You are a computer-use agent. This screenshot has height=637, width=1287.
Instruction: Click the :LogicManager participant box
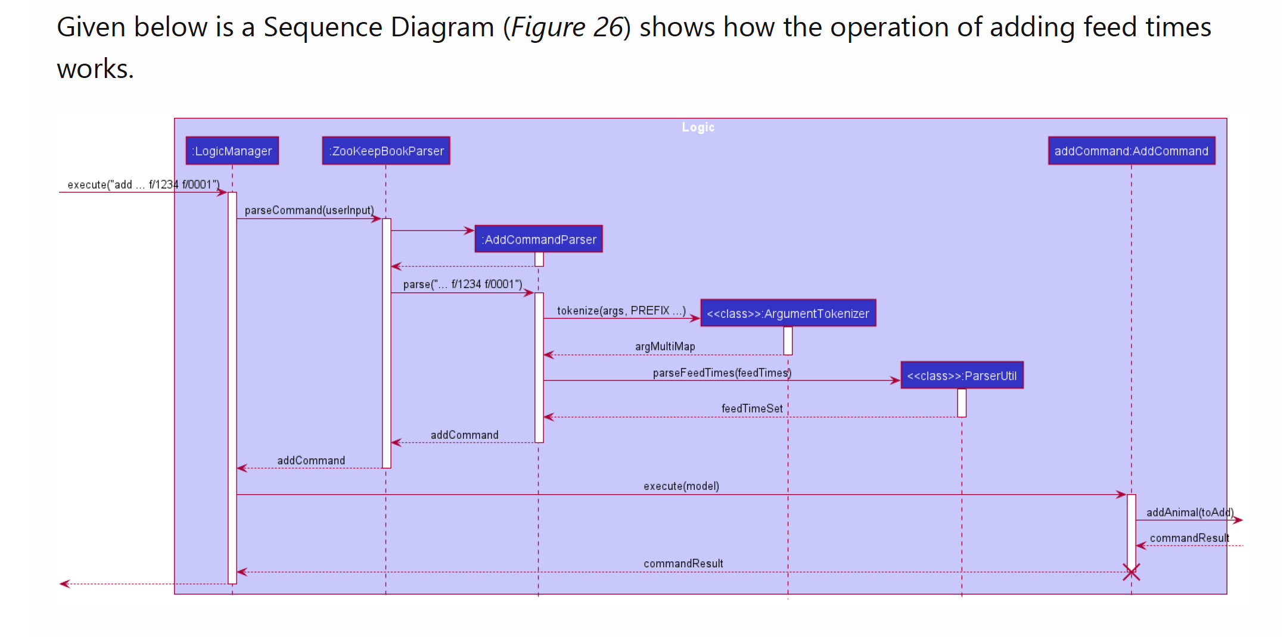click(232, 151)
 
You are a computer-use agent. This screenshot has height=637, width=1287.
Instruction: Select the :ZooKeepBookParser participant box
click(386, 151)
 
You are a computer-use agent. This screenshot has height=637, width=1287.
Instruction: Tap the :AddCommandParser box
click(539, 239)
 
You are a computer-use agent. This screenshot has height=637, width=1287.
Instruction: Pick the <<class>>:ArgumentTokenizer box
click(788, 314)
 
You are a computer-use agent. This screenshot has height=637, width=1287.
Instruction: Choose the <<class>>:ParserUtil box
click(962, 376)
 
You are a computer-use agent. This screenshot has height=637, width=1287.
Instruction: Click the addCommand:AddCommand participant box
click(1131, 151)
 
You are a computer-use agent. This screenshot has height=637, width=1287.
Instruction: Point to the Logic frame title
click(698, 127)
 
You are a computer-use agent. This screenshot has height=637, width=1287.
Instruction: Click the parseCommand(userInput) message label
click(309, 210)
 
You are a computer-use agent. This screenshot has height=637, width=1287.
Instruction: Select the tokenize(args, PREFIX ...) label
click(621, 311)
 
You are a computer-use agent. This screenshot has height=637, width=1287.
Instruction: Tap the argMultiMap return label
click(665, 346)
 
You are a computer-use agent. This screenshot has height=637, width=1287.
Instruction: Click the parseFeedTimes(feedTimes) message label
click(722, 373)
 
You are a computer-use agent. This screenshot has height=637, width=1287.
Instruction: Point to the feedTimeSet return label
click(752, 408)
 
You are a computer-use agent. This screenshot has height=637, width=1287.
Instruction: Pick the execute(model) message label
click(681, 486)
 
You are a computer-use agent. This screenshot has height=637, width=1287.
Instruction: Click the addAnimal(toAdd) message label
click(1189, 513)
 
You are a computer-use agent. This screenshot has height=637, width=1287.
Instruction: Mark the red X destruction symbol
click(1131, 572)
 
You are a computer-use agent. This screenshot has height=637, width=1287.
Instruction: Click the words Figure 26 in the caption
click(567, 27)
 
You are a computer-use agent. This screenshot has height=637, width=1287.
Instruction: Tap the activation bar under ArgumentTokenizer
click(788, 341)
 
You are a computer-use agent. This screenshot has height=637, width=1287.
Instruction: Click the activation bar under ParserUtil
click(962, 403)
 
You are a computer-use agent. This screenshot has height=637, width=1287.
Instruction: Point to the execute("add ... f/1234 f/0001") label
click(143, 185)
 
